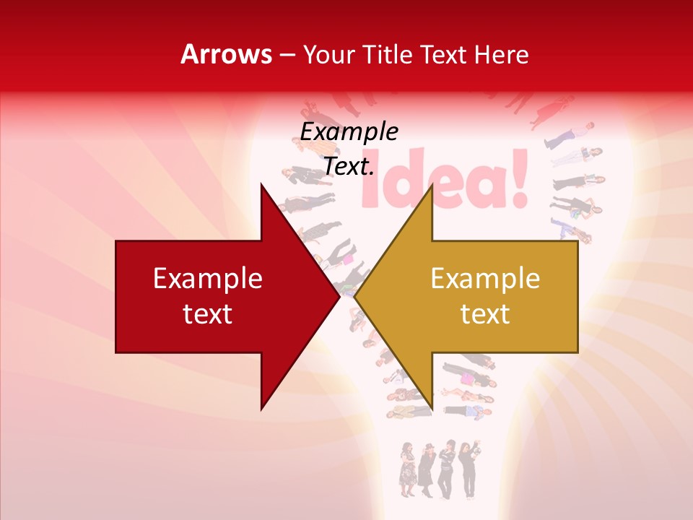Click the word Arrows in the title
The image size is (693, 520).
pyautogui.click(x=227, y=54)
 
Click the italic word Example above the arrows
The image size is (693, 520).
pyautogui.click(x=349, y=132)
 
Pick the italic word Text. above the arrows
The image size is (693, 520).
pyautogui.click(x=349, y=167)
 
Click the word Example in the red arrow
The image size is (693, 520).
pyautogui.click(x=207, y=279)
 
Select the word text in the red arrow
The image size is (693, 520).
pyautogui.click(x=207, y=314)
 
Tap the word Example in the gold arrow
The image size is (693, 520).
pyautogui.click(x=485, y=279)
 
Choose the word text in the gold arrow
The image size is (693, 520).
pyautogui.click(x=485, y=314)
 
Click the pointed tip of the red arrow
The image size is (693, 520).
pyautogui.click(x=339, y=297)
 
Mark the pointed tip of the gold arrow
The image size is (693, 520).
pyautogui.click(x=355, y=297)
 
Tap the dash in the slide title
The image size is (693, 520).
pyautogui.click(x=287, y=56)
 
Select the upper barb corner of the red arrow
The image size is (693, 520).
pyautogui.click(x=261, y=185)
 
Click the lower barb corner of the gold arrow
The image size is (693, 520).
pyautogui.click(x=432, y=409)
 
